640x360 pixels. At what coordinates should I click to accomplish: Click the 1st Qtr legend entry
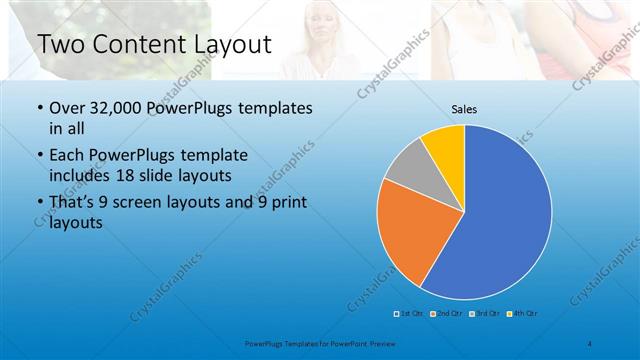(x=411, y=314)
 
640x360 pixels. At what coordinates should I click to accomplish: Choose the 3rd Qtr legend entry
(x=485, y=314)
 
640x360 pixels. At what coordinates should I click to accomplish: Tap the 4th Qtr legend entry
(x=523, y=314)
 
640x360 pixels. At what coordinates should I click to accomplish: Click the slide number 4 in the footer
(x=591, y=344)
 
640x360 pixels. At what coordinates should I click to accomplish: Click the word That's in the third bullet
(x=76, y=203)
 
